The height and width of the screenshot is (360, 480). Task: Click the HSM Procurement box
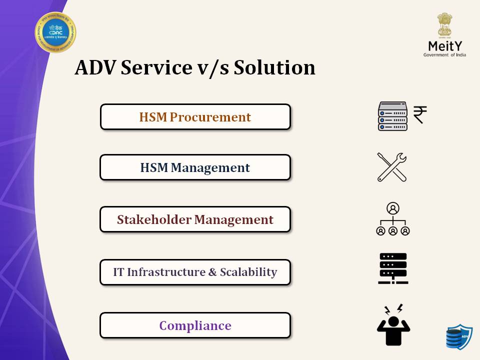[195, 117]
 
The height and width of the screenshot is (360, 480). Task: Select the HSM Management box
[195, 167]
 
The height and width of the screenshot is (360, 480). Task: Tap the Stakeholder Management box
[195, 219]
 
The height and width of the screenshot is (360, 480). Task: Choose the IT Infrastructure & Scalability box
[195, 272]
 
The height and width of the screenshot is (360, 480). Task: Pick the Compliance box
[195, 325]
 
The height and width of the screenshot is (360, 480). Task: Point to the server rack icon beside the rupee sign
[392, 116]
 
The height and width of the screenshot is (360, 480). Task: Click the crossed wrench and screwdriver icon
[392, 167]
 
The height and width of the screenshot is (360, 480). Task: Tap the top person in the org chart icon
[393, 208]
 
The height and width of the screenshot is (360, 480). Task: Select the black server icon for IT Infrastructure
[393, 268]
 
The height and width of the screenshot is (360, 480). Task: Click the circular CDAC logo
[55, 32]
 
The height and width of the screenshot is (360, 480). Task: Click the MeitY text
[444, 45]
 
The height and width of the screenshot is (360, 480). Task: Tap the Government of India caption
[444, 54]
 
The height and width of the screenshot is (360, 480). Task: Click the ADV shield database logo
[459, 336]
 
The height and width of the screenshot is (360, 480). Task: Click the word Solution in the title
[274, 67]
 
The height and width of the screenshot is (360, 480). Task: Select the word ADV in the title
[95, 67]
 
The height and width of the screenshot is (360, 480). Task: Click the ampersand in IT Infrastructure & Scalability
[212, 272]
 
